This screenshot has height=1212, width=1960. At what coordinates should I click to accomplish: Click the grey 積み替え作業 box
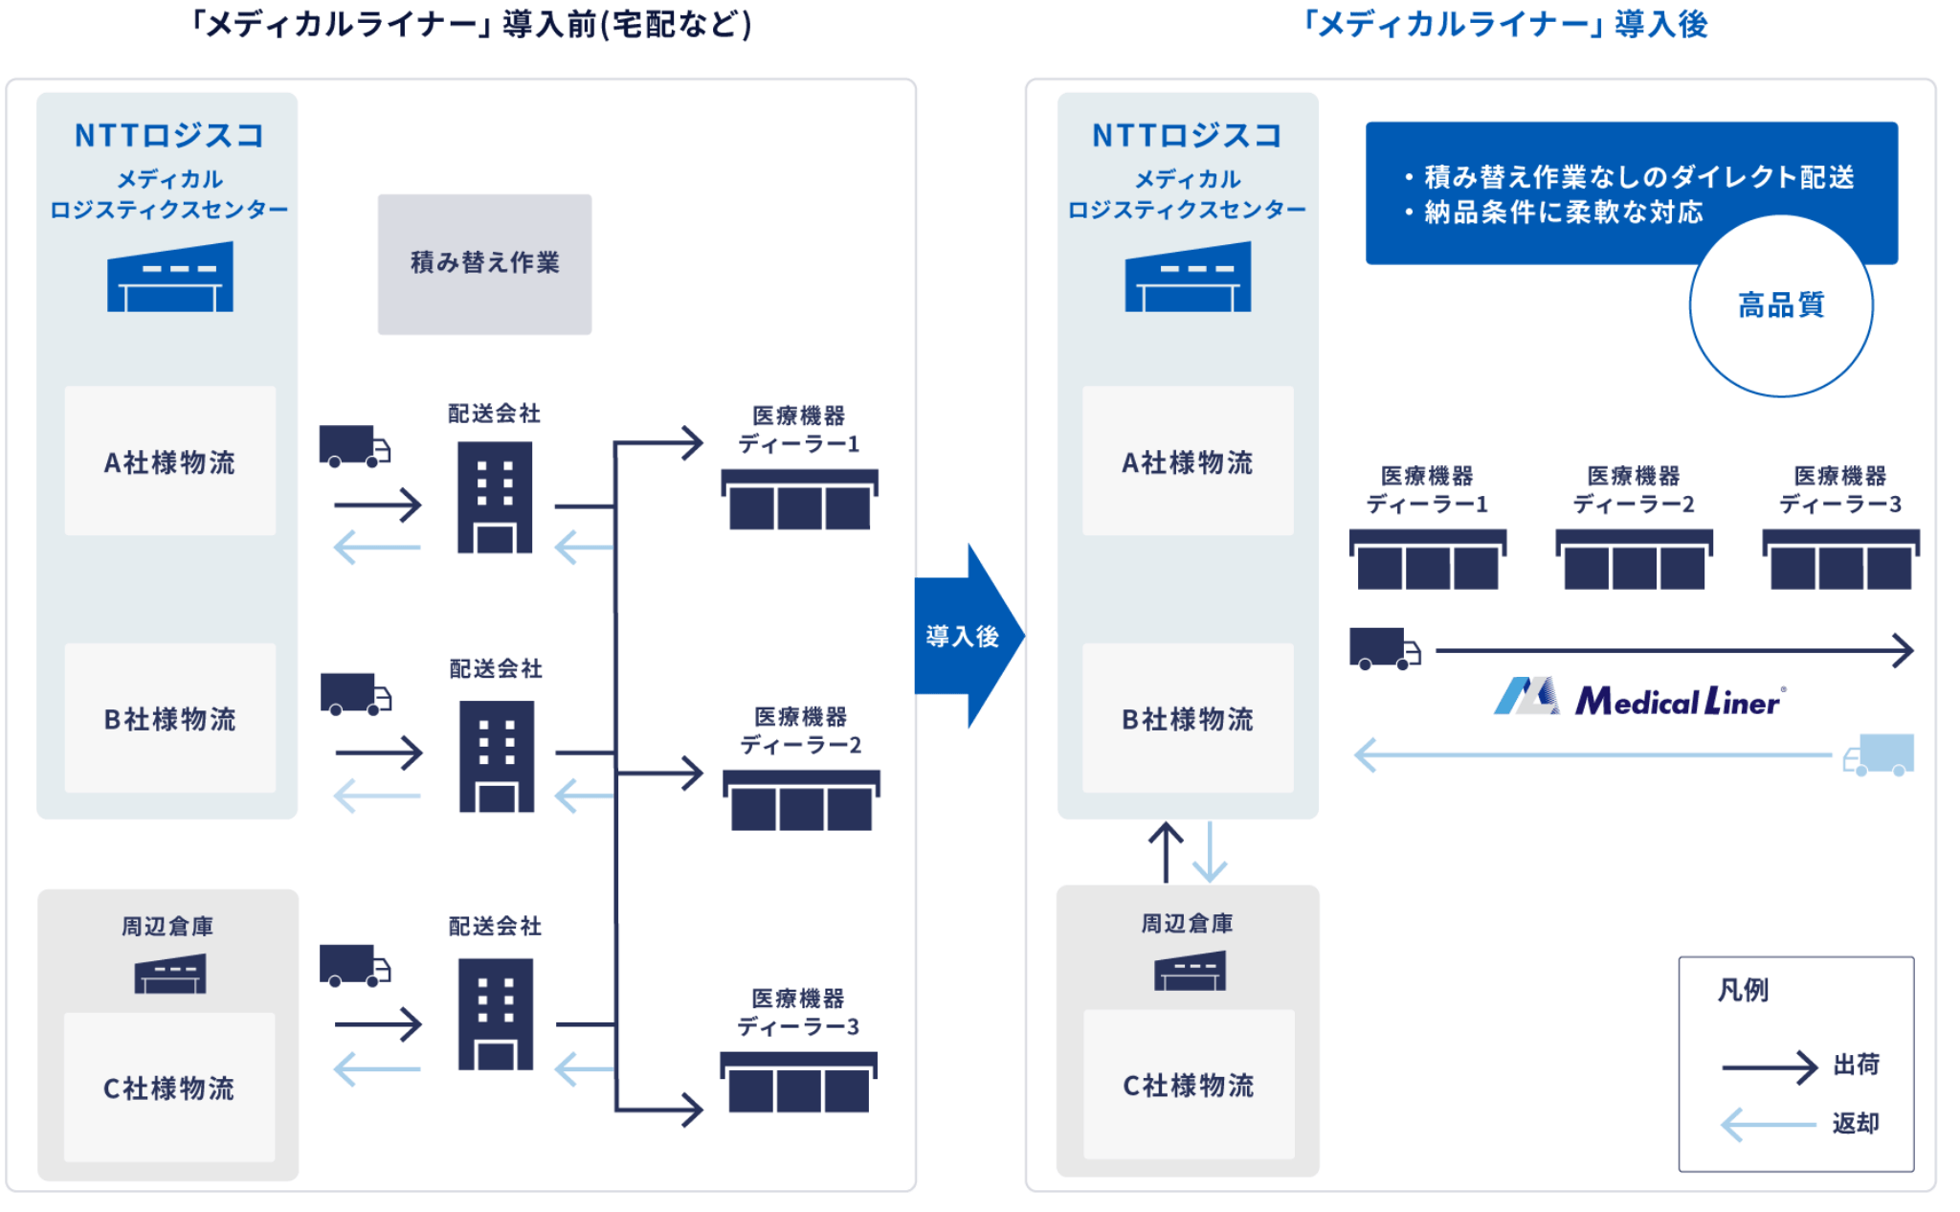click(484, 263)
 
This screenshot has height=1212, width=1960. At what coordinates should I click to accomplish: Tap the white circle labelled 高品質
click(1781, 305)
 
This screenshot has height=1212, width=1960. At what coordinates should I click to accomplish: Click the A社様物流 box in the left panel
click(170, 461)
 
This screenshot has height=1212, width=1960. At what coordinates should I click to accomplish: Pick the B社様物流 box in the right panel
click(1188, 718)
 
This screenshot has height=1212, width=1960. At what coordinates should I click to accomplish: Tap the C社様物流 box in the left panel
click(169, 1088)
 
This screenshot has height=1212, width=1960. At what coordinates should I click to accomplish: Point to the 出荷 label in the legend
click(1856, 1065)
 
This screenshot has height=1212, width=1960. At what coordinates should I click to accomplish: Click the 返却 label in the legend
click(1856, 1123)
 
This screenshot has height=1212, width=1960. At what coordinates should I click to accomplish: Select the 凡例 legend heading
click(1743, 990)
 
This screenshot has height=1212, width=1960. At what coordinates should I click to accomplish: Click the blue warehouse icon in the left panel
click(170, 278)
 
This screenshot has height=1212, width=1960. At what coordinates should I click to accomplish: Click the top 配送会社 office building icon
click(495, 497)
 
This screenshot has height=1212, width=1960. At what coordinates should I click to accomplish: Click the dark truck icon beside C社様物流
click(354, 966)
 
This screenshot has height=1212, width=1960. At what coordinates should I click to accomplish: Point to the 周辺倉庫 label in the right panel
click(1187, 924)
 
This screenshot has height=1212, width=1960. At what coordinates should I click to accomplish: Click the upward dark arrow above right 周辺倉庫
click(1166, 852)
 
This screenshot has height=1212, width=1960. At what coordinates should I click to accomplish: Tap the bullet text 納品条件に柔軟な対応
click(1564, 212)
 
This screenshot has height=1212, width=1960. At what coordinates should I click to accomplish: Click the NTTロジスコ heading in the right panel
click(1187, 136)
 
